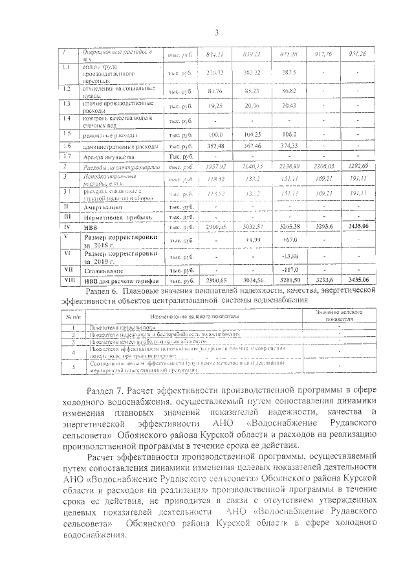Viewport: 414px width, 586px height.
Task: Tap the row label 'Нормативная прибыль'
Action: click(111, 217)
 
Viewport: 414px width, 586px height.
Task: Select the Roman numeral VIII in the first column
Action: click(67, 280)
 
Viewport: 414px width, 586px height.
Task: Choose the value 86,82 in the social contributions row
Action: click(286, 91)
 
